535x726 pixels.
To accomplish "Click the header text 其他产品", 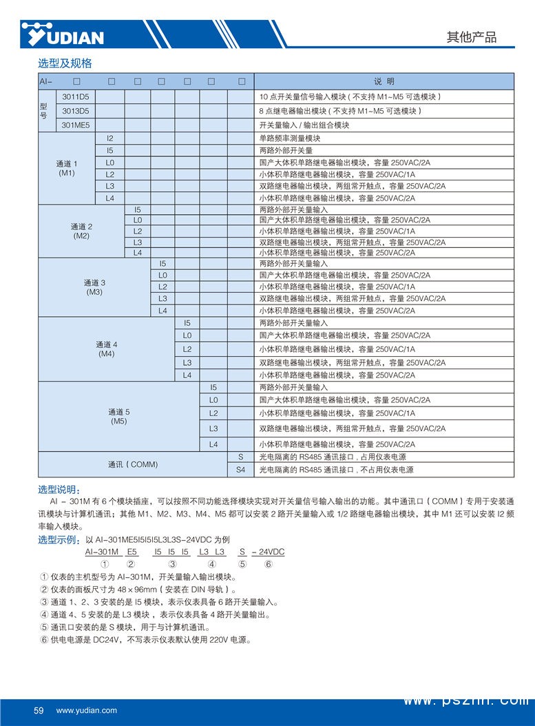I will [x=471, y=37].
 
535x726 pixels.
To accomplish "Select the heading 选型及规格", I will [x=65, y=63].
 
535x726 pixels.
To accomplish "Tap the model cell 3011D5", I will [x=76, y=96].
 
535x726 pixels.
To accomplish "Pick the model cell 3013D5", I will [x=76, y=110].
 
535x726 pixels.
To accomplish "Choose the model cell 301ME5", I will [x=76, y=125].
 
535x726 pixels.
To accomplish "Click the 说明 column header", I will [x=384, y=81].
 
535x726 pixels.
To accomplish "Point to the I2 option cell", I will [x=110, y=138].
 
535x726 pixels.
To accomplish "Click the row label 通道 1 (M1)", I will [x=67, y=169].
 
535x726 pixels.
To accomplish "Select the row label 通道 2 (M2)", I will [x=81, y=231].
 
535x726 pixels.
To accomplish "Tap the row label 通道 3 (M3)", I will [x=94, y=287].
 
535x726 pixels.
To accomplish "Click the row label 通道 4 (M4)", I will [x=107, y=349].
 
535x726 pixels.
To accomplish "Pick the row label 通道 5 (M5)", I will [x=119, y=416].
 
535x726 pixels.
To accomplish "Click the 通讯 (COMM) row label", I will [x=133, y=464].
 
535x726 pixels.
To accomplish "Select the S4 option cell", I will [x=240, y=470].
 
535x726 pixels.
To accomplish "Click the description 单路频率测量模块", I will [x=289, y=138].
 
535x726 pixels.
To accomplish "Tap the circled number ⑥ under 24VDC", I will [x=268, y=565].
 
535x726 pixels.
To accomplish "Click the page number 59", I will [x=39, y=710].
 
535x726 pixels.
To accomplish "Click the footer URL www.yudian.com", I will [x=86, y=710].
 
